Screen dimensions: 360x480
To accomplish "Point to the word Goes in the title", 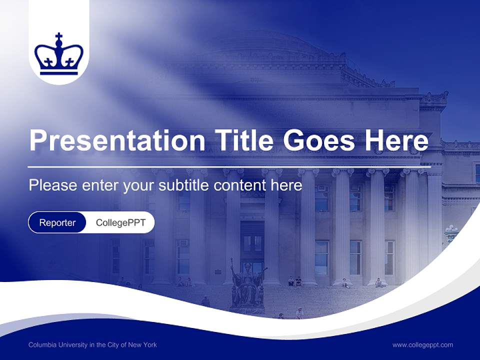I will (318, 140).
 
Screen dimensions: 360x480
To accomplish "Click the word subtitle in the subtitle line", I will (184, 185).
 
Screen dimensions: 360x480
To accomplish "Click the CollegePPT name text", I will (120, 222).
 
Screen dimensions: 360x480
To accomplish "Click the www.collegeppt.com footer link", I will (422, 344).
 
